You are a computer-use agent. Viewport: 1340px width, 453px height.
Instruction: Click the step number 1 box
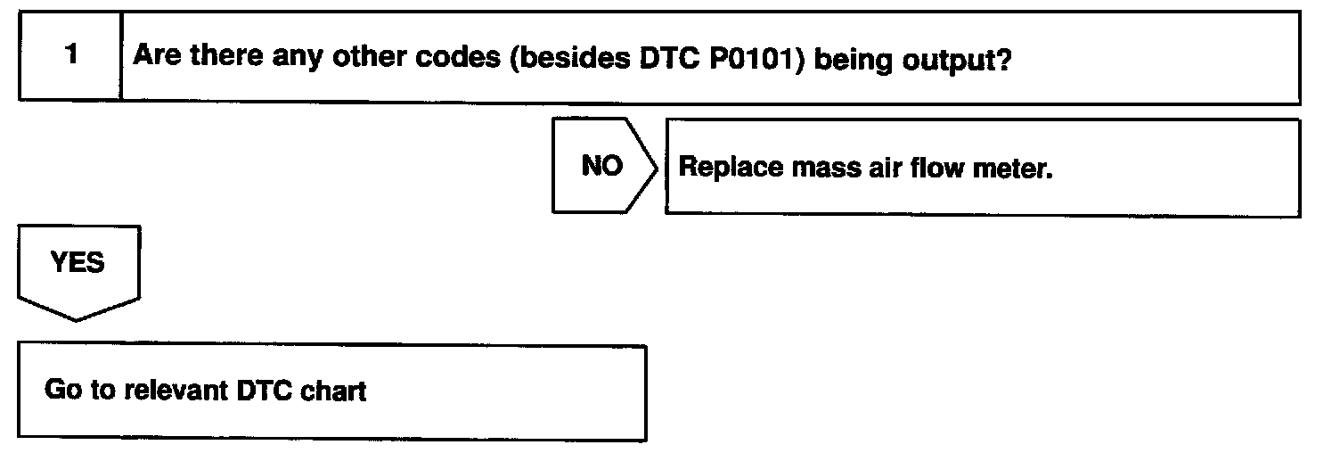tap(70, 56)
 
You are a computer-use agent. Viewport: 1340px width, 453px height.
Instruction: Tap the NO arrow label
tap(601, 167)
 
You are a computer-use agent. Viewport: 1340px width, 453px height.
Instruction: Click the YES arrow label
tap(78, 263)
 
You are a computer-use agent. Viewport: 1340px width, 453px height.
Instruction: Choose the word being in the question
tap(850, 59)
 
